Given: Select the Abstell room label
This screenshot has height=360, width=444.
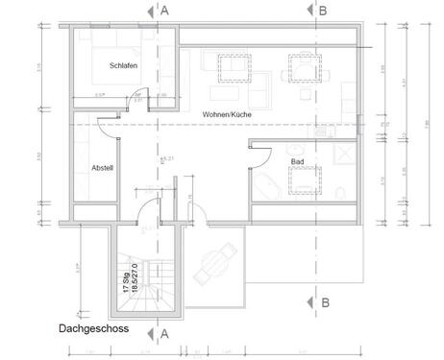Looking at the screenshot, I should pos(103,167).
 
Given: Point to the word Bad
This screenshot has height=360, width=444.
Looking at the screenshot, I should pos(298,162).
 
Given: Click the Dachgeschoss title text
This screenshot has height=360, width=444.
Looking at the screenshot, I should pos(93,326).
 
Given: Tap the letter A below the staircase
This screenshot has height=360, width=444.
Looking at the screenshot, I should pos(164,334).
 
